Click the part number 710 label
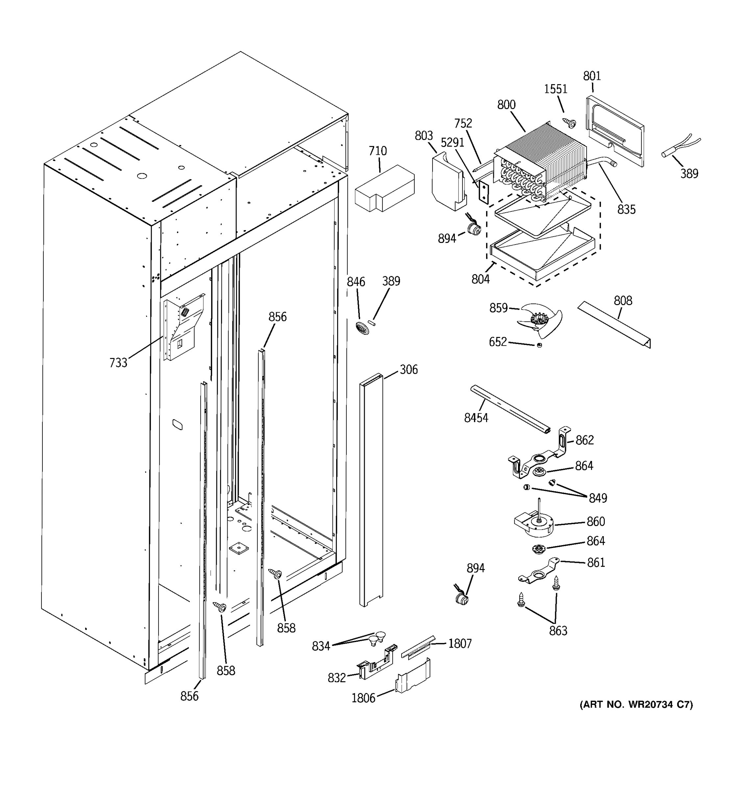377,151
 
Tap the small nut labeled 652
539,345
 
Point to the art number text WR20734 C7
636,705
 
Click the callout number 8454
476,418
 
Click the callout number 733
118,363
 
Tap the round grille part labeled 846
362,328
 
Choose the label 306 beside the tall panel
408,370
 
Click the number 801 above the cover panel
592,76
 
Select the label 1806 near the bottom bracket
363,698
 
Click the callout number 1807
460,644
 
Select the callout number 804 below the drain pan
481,279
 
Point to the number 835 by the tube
626,209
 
